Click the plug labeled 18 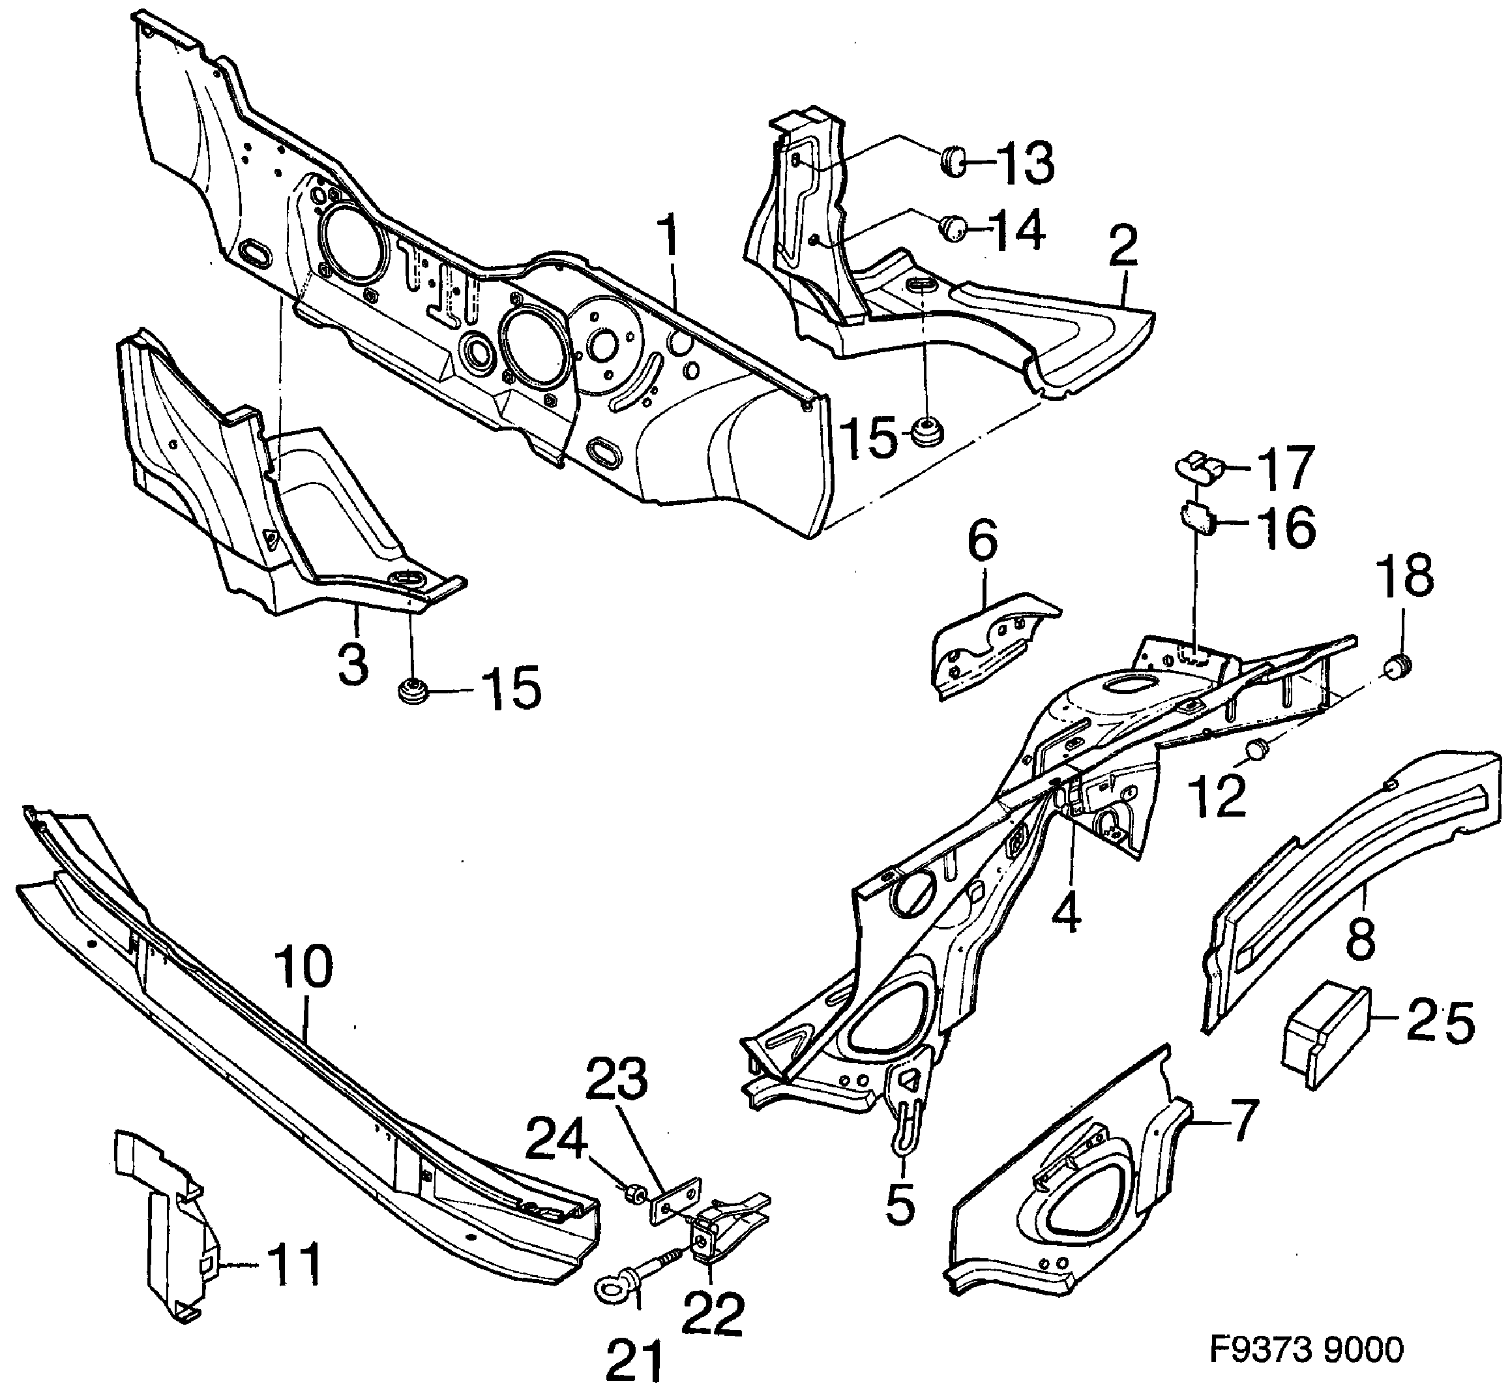coord(1397,665)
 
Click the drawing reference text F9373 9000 coord(1307,1350)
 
